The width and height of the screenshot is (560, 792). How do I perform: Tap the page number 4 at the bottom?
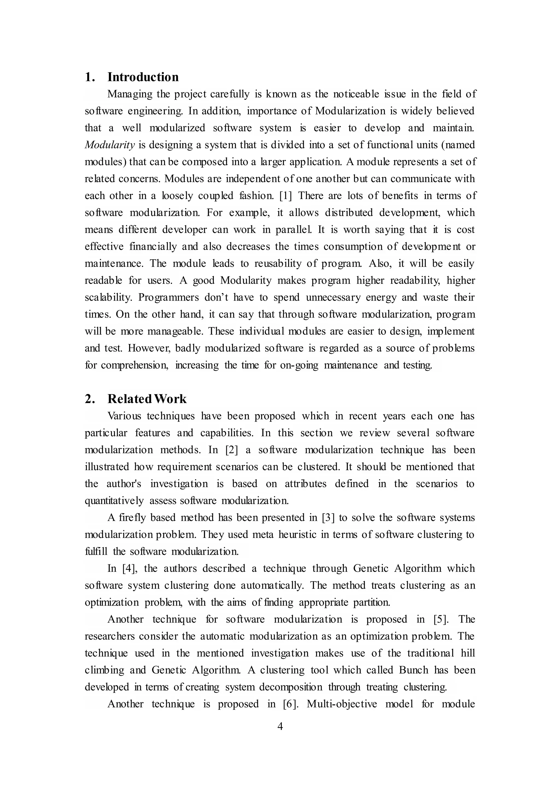280,726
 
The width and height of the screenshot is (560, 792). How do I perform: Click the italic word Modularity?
109,145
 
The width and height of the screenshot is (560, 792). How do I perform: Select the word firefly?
132,517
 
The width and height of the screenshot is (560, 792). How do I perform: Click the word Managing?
129,94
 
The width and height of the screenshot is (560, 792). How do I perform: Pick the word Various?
124,416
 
